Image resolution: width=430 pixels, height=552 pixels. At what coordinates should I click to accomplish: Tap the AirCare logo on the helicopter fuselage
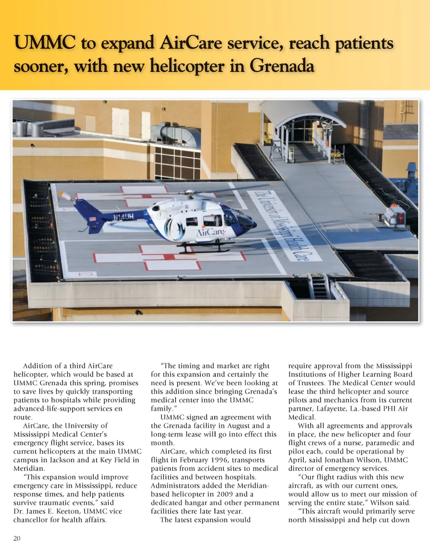coord(209,233)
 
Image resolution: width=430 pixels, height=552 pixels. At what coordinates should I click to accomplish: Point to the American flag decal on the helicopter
coord(93,219)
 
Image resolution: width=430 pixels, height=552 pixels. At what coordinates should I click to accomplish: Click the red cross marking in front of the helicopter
coord(169,257)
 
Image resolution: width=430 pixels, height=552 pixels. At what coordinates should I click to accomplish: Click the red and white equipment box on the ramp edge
coord(395,216)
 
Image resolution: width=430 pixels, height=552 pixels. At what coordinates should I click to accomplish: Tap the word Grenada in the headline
coord(281,67)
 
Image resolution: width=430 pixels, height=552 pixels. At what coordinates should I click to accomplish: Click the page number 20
coord(17,538)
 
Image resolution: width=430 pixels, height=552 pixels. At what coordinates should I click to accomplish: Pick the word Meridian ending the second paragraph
coord(28,468)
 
